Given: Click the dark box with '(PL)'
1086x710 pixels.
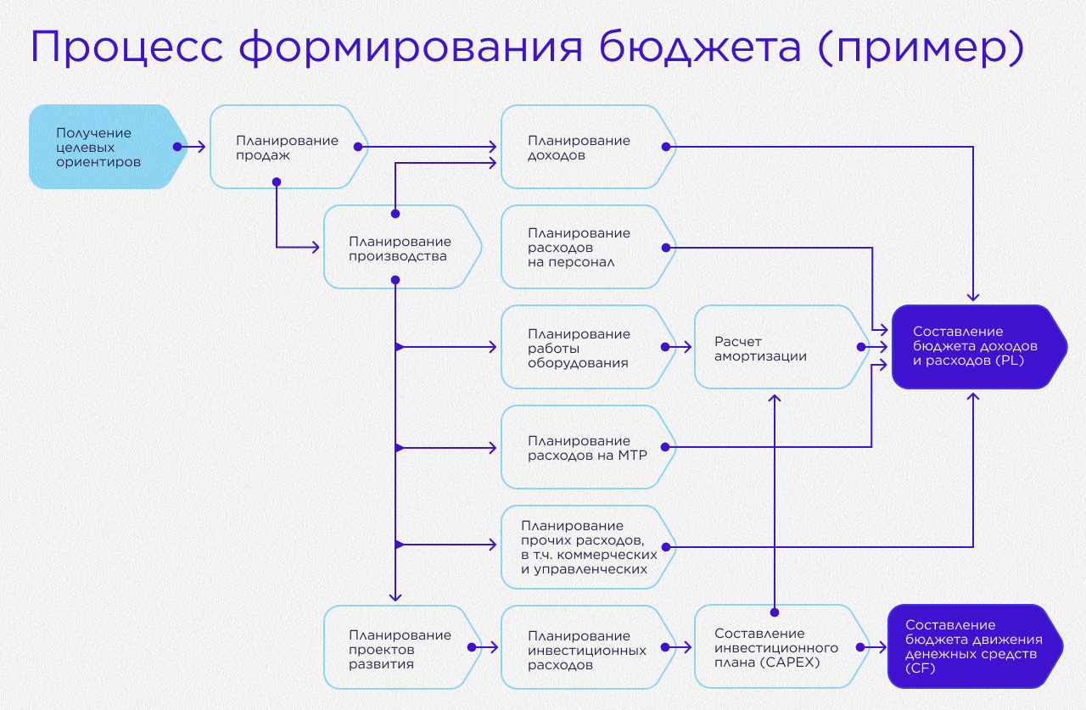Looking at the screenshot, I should [976, 347].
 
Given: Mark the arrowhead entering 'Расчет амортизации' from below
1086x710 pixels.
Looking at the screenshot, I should [775, 398].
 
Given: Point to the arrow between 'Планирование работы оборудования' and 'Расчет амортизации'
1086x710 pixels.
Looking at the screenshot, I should [679, 347].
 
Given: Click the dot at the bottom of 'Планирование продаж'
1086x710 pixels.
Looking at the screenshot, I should [276, 182].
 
